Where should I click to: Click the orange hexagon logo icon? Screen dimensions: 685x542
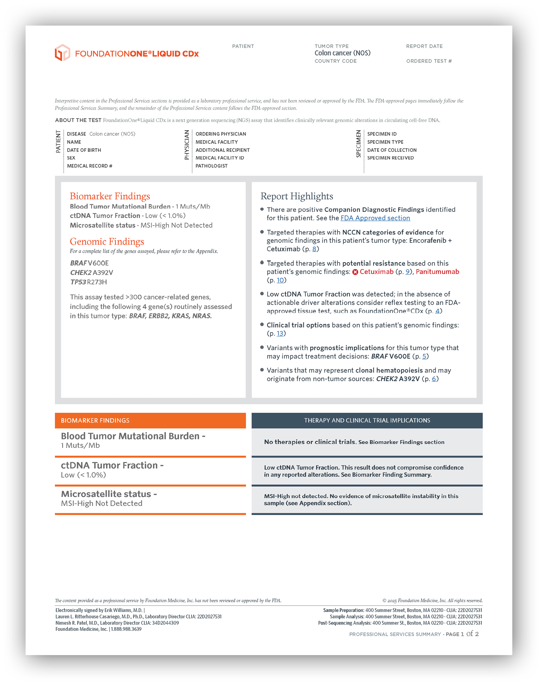[62, 53]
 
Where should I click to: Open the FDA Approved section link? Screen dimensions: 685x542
[375, 218]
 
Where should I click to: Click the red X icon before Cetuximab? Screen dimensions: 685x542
[355, 272]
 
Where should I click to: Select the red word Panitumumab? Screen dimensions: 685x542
[437, 271]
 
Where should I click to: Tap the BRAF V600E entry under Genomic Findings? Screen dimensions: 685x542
[89, 263]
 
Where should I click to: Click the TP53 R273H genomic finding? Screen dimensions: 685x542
[89, 282]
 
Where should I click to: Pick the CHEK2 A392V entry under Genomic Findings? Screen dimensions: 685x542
[91, 272]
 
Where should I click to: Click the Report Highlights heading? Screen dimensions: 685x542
[297, 196]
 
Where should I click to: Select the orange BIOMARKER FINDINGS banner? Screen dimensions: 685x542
[150, 420]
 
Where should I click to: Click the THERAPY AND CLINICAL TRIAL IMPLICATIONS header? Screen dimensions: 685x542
[367, 420]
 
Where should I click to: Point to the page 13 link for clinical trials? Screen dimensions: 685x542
[280, 333]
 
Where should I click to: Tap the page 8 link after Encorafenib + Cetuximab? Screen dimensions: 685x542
[314, 249]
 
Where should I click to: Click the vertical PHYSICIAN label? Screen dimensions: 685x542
[187, 145]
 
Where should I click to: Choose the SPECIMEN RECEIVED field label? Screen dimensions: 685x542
[390, 158]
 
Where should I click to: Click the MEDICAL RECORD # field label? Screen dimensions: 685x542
[89, 166]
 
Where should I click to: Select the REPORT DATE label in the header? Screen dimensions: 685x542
[424, 46]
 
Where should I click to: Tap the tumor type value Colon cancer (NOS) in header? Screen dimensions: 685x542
[342, 53]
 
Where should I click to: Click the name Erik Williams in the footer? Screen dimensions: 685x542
[118, 610]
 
